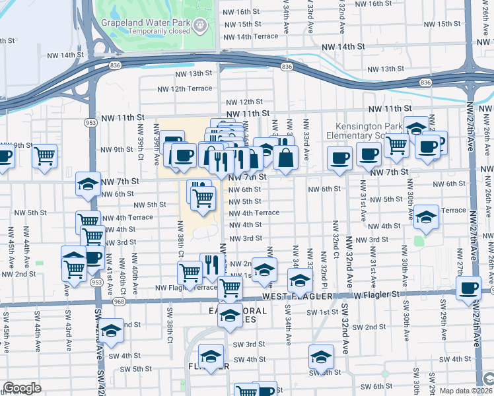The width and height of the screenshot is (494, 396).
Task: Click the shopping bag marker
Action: point(285,158)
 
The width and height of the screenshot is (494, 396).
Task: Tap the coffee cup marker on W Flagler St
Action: point(469,288)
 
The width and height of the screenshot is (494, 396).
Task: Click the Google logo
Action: point(22,388)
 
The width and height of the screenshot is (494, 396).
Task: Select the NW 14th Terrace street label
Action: point(252,36)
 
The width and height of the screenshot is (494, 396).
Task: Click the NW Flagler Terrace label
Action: point(186,288)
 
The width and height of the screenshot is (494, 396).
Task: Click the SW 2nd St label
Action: point(368,327)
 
